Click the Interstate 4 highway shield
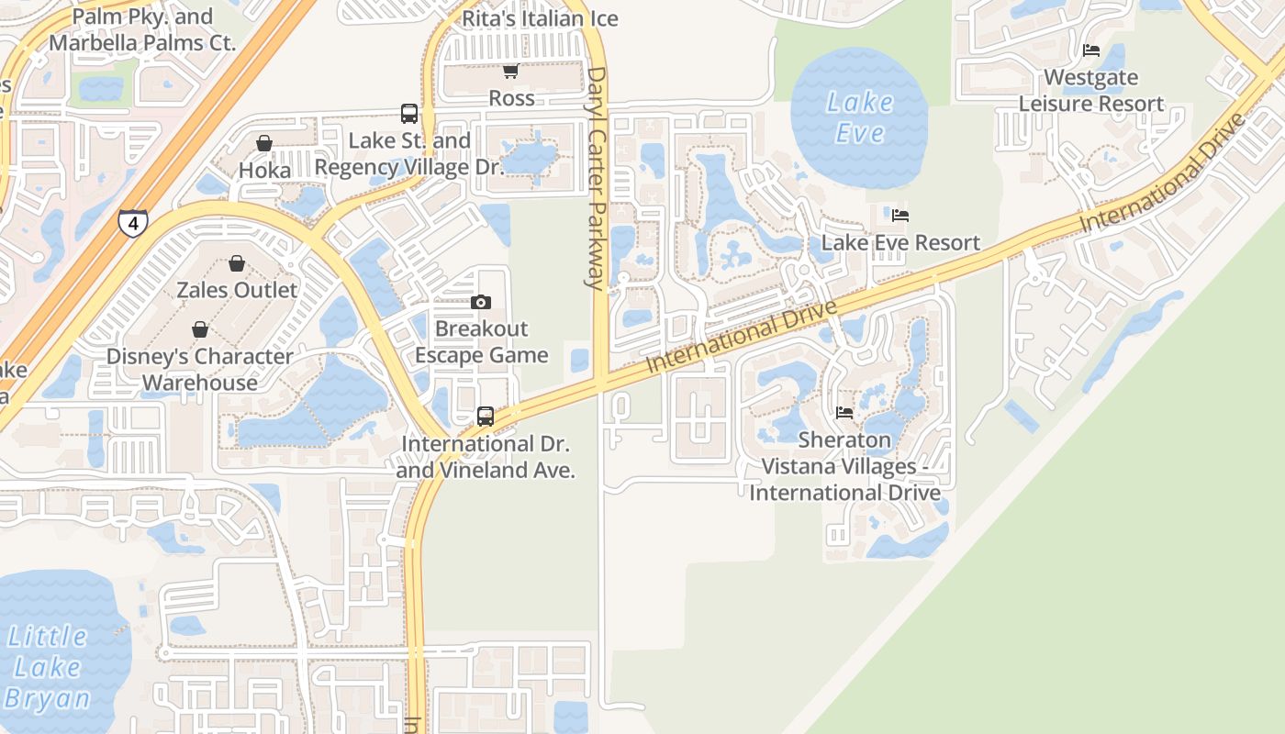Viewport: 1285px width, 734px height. pyautogui.click(x=132, y=223)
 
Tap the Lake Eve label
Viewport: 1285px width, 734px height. pyautogui.click(x=859, y=117)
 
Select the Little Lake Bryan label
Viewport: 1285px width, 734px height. pyautogui.click(x=48, y=667)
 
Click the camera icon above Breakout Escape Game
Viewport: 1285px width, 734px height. pyautogui.click(x=480, y=302)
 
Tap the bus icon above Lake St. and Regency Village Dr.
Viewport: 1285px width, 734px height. pyautogui.click(x=409, y=114)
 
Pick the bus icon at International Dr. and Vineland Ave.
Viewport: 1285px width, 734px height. pyautogui.click(x=486, y=417)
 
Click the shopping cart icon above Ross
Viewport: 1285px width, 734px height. pyautogui.click(x=511, y=72)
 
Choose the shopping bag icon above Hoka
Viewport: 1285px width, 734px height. pyautogui.click(x=264, y=143)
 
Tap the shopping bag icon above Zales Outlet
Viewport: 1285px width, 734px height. pyautogui.click(x=237, y=264)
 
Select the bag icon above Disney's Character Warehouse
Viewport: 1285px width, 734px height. pyautogui.click(x=199, y=329)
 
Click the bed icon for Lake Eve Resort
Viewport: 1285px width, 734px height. pyautogui.click(x=900, y=216)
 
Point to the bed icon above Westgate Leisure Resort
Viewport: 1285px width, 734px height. pyautogui.click(x=1090, y=50)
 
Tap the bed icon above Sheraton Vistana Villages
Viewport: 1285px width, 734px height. pyautogui.click(x=844, y=413)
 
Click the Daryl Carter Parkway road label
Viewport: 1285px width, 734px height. pyautogui.click(x=597, y=178)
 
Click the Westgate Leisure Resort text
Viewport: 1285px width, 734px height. pyautogui.click(x=1091, y=90)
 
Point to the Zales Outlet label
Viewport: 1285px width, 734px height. pyautogui.click(x=237, y=290)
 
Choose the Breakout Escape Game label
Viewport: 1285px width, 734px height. pyautogui.click(x=482, y=341)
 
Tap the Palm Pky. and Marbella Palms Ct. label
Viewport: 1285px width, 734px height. pyautogui.click(x=142, y=29)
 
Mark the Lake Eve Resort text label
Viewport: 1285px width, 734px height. pyautogui.click(x=900, y=242)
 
